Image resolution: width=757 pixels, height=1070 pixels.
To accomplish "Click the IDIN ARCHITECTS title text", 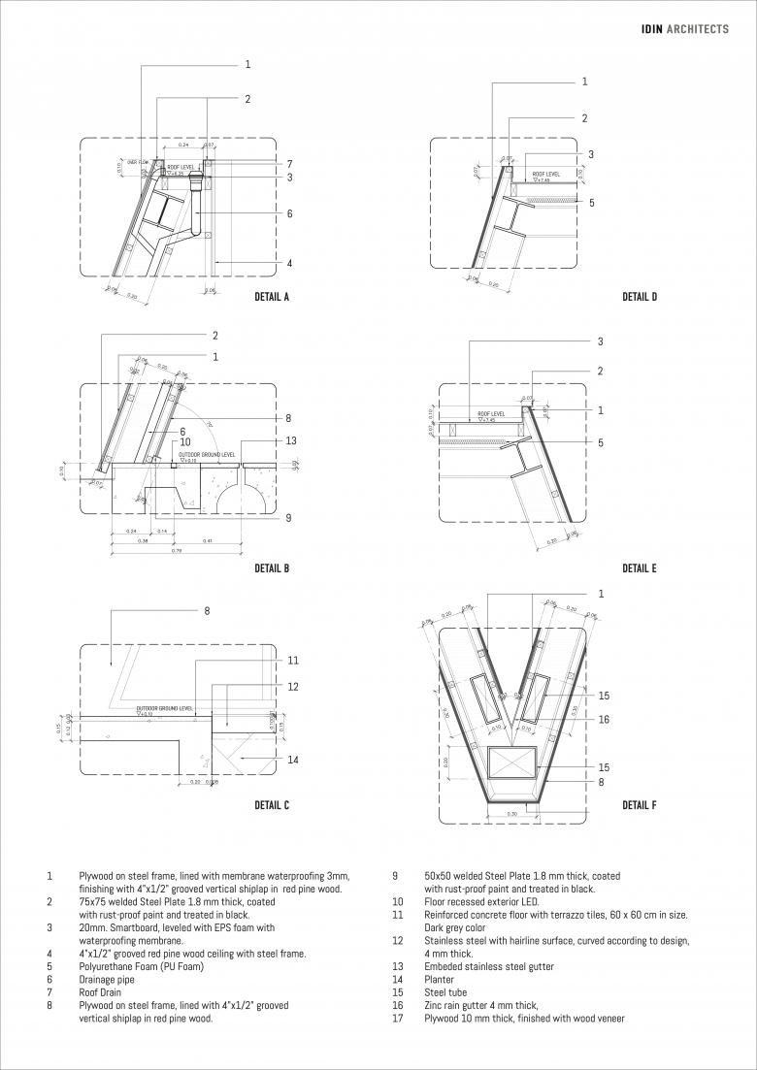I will point(685,29).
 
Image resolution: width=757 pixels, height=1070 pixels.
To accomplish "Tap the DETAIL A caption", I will point(272,297).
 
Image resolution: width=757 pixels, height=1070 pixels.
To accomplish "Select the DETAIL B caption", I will point(272,568).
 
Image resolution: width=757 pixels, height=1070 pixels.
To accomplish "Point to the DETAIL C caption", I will point(272,805).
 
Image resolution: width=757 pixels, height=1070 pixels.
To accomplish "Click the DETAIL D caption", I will point(640,297).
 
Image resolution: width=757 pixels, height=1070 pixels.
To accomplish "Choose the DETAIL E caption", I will point(640,568).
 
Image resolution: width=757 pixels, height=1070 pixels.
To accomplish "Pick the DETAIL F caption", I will point(640,805).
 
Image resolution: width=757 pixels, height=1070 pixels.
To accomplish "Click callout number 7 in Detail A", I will point(289,163).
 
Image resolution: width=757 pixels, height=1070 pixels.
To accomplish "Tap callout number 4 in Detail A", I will point(289,263).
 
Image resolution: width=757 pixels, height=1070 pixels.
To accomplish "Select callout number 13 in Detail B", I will point(291,440).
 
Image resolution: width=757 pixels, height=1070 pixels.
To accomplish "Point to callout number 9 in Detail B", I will point(287,518).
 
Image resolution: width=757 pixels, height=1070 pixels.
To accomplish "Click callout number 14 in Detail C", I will point(292,760).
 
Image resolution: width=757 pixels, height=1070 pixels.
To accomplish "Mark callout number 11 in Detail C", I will point(292,661).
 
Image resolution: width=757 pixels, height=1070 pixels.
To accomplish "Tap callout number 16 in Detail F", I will point(603,720).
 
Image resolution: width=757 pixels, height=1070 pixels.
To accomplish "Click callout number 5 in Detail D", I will point(590,203).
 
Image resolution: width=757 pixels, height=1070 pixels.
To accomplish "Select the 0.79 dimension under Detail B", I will point(177,551).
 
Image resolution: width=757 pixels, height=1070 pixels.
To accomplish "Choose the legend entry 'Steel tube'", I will point(445,992).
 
